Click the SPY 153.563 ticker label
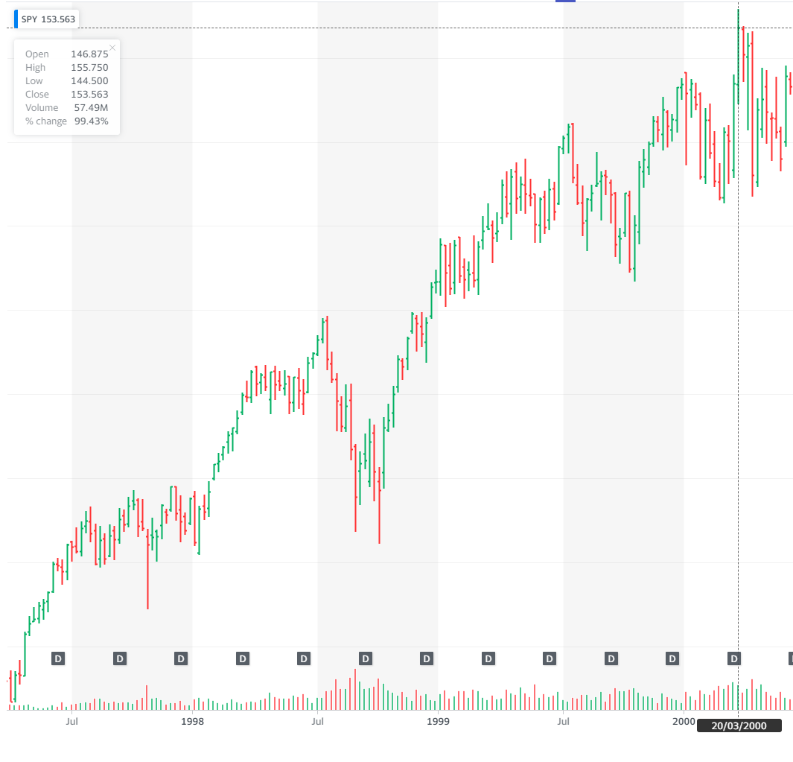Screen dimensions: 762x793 click(x=48, y=19)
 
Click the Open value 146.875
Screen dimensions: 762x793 click(x=89, y=54)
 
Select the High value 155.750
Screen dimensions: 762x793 click(x=89, y=68)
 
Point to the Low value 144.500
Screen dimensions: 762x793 click(x=89, y=81)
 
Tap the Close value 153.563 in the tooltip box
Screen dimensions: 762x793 click(x=89, y=95)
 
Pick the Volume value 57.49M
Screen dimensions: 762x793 click(x=91, y=108)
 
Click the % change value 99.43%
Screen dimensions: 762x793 click(x=91, y=121)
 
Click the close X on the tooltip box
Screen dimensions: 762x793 click(x=112, y=48)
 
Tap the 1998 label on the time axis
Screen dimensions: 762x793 click(x=192, y=721)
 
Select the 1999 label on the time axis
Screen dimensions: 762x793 click(x=439, y=721)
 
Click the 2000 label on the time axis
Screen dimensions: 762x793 click(x=684, y=721)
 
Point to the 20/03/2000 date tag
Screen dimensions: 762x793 click(x=739, y=726)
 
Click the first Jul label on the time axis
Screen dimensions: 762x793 click(x=71, y=721)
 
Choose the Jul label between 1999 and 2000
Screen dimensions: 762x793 click(x=564, y=721)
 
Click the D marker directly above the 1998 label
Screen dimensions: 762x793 click(x=181, y=658)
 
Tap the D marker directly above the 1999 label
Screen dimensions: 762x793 click(x=427, y=658)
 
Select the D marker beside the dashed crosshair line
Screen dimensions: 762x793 click(x=734, y=658)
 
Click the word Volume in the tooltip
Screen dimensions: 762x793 click(x=42, y=108)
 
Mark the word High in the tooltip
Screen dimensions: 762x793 click(x=36, y=68)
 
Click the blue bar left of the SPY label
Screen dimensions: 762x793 click(x=16, y=19)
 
